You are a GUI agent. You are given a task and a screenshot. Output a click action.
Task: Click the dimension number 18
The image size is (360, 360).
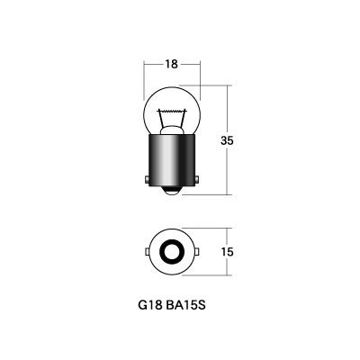tap(171, 64)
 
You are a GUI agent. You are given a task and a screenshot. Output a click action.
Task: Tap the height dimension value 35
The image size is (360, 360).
tap(227, 140)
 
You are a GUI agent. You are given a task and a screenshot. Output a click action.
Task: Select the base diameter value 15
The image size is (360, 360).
tap(228, 252)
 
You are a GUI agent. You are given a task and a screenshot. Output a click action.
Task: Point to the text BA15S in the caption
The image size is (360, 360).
tap(185, 305)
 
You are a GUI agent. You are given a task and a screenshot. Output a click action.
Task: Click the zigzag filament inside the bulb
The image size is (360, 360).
tap(172, 112)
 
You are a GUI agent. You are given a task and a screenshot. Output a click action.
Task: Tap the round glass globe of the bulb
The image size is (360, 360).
tap(172, 111)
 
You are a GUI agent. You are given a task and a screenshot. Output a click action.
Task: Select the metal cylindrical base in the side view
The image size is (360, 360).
tap(172, 161)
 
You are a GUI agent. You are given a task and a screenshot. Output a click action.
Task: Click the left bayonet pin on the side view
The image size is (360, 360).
tap(147, 180)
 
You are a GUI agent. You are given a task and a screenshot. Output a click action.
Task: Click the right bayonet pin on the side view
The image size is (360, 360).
tap(197, 180)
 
